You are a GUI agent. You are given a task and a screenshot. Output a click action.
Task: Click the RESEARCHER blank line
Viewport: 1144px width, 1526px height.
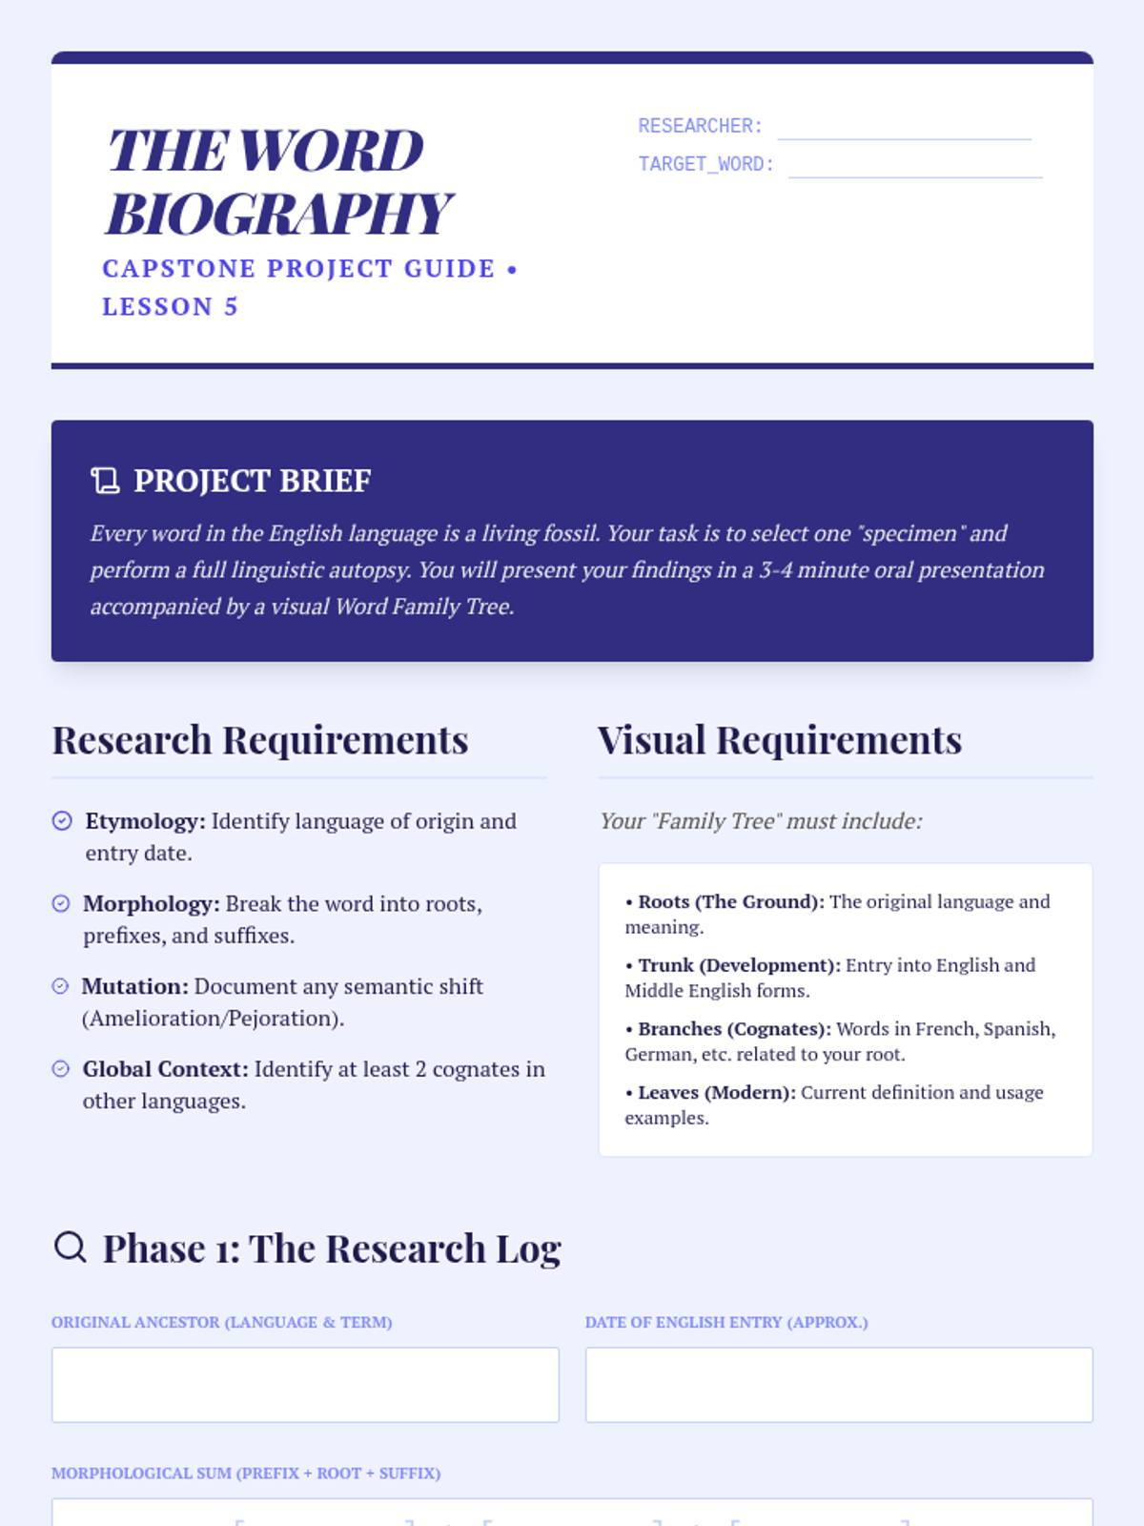904,139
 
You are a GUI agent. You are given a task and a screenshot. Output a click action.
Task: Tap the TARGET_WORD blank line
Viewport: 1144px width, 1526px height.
915,177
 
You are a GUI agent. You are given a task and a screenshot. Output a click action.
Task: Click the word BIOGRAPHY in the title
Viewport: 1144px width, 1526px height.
278,214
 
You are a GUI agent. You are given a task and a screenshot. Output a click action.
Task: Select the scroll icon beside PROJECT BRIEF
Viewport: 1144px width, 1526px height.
105,481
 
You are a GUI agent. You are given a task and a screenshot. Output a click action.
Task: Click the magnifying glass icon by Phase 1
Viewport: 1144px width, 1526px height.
71,1248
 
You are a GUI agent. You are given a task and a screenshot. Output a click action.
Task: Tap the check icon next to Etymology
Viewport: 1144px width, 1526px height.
62,821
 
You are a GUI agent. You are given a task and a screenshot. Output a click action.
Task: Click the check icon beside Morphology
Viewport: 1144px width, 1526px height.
61,903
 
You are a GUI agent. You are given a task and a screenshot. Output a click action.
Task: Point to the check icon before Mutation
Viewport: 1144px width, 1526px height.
60,986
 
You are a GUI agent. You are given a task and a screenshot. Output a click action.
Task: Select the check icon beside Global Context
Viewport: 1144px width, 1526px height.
60,1068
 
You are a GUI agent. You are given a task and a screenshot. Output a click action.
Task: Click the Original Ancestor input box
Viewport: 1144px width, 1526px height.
305,1385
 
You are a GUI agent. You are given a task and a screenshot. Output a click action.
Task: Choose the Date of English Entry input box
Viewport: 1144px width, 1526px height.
839,1385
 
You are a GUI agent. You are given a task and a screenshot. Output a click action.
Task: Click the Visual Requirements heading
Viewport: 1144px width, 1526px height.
780,739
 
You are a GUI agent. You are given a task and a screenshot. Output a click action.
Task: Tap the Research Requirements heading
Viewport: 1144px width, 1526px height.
260,739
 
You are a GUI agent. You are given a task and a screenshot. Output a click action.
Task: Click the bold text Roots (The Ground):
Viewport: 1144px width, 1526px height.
731,901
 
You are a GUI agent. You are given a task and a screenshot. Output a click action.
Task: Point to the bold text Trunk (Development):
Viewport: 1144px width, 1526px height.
739,965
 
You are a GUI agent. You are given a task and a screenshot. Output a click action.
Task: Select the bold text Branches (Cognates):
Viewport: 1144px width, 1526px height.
734,1029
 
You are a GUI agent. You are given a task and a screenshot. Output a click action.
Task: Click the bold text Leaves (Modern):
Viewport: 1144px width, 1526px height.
717,1093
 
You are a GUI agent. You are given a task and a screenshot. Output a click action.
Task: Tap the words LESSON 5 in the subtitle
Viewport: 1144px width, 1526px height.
171,306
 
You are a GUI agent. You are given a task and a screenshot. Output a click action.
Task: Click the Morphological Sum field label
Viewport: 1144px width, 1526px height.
246,1474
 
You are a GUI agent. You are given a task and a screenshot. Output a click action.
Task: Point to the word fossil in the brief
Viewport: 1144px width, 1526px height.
567,533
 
